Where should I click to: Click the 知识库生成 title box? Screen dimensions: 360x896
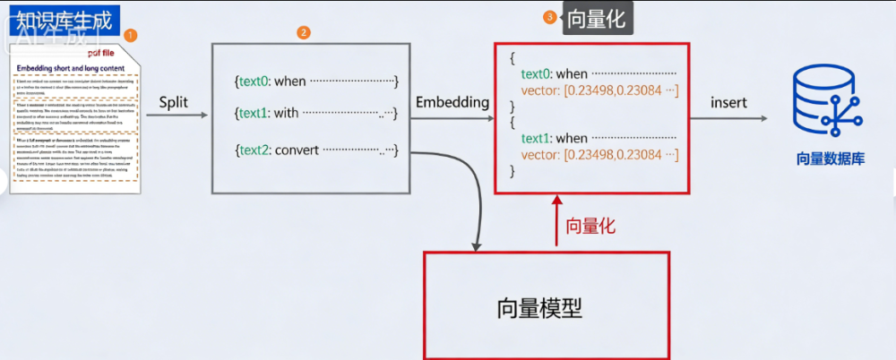tap(64, 21)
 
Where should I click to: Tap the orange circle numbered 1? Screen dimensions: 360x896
tap(131, 36)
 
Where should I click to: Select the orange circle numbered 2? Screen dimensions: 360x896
tap(304, 32)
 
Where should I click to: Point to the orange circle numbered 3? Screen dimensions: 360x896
tap(549, 17)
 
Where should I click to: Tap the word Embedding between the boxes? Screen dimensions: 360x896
tap(452, 102)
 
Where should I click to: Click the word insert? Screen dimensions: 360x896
tap(728, 102)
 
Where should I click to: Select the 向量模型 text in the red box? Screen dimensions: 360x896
tap(539, 308)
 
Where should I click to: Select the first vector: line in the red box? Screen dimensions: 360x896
tap(599, 90)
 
